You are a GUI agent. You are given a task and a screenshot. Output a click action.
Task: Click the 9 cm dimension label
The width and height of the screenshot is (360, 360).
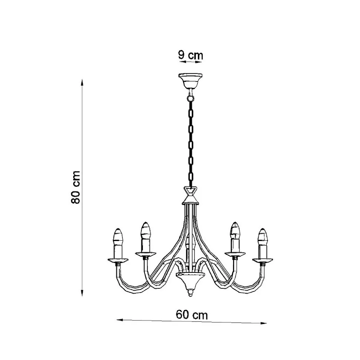tap(190, 55)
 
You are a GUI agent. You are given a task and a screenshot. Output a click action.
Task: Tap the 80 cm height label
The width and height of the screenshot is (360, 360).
tap(76, 187)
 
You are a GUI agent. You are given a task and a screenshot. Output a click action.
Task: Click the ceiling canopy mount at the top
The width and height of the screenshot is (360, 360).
tap(190, 81)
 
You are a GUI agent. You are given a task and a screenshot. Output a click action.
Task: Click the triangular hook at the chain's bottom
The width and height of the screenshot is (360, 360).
tap(190, 190)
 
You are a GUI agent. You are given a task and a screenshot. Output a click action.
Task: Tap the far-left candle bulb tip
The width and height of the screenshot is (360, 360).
tap(118, 229)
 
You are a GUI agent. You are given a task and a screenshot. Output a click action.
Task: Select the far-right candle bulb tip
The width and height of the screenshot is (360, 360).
tap(263, 229)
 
